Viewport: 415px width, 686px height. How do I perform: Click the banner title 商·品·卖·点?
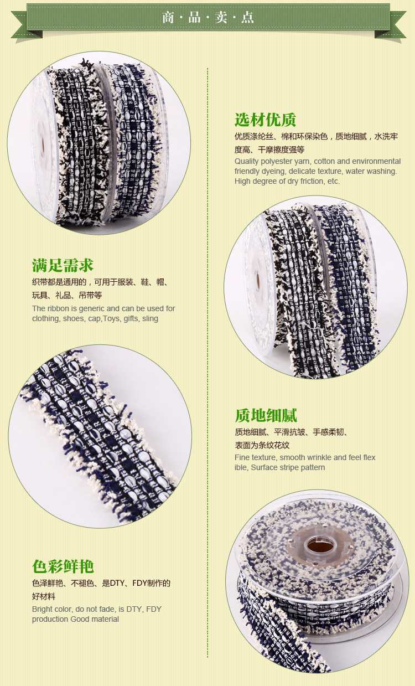[x=208, y=17]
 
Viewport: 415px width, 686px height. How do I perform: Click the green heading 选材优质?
[x=266, y=120]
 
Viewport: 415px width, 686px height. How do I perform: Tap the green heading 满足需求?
[x=63, y=265]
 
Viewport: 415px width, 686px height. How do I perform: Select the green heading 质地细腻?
[x=266, y=416]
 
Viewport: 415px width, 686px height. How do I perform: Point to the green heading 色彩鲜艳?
[x=63, y=566]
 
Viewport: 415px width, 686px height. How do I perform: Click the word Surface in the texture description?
[x=264, y=467]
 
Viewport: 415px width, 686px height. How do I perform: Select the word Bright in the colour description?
[x=41, y=609]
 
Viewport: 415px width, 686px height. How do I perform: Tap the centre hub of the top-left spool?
[x=41, y=143]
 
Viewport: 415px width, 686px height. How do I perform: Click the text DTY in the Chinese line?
[x=117, y=583]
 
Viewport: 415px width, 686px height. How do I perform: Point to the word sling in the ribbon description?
[x=151, y=319]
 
